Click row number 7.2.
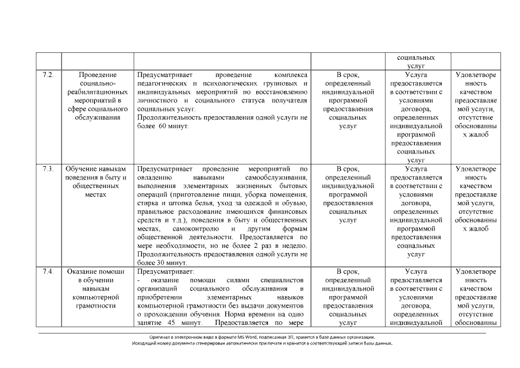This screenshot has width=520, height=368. click(x=48, y=75)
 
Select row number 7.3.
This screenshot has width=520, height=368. click(x=48, y=169)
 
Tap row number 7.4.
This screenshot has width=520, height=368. click(x=48, y=271)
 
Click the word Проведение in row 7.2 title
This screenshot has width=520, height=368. click(x=97, y=75)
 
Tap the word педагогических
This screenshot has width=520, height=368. click(x=163, y=84)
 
